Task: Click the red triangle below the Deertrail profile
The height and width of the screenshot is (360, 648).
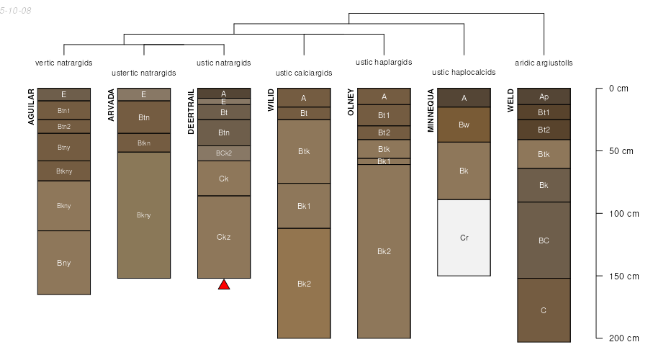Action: coord(224,284)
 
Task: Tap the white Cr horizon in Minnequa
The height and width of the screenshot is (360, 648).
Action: coord(464,238)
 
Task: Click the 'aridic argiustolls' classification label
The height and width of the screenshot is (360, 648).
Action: coord(544,63)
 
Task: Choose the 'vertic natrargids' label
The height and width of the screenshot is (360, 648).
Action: coord(64,63)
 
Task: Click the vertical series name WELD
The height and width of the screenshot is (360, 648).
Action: coord(510,100)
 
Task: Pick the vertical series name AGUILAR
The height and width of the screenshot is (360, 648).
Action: coord(32,107)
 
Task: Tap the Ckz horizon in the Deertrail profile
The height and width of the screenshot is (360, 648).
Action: coord(224,236)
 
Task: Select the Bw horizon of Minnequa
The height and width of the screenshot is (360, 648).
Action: coord(464,125)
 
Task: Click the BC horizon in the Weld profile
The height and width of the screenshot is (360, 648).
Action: coord(544,240)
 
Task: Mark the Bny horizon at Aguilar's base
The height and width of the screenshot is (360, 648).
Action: coord(64,263)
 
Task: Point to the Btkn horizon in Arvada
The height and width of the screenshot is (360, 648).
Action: coord(144,143)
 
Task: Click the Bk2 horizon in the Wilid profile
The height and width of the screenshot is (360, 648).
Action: coord(304,283)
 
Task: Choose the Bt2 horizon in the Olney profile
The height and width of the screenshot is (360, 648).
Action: coord(384,132)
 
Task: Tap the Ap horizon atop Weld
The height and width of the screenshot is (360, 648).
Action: coord(544,96)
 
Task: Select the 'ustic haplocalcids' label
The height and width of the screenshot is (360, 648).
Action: coord(464,73)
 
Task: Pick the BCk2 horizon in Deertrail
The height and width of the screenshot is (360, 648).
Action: coord(224,153)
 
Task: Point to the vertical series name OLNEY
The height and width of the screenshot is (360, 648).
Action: coord(351,102)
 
